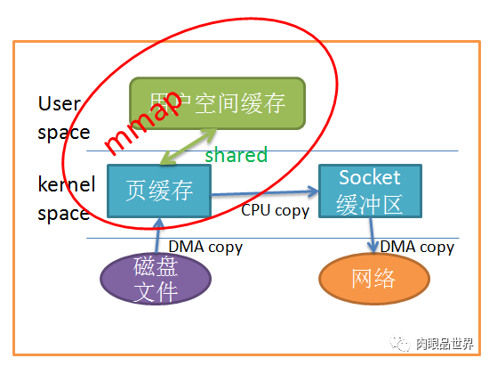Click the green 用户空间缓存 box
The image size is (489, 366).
tap(217, 103)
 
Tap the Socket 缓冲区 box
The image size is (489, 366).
tap(369, 191)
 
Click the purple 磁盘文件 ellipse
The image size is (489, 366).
tap(156, 279)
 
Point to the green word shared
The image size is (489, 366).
tap(236, 155)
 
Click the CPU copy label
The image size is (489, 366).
tap(276, 211)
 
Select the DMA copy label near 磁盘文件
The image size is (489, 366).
tap(205, 247)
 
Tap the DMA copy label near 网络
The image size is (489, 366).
tap(417, 247)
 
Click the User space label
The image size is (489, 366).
tap(63, 118)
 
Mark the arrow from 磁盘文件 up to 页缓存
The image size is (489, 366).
tap(156, 237)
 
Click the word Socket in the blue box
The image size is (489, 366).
tap(369, 177)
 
